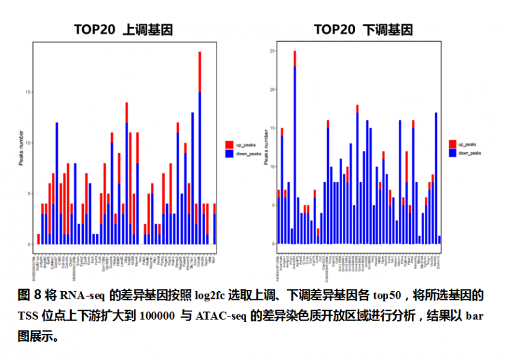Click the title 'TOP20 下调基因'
(x=363, y=30)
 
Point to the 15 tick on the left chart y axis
(x=28, y=92)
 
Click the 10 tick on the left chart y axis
(x=28, y=143)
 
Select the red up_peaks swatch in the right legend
(x=453, y=144)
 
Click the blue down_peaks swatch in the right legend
(x=453, y=153)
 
